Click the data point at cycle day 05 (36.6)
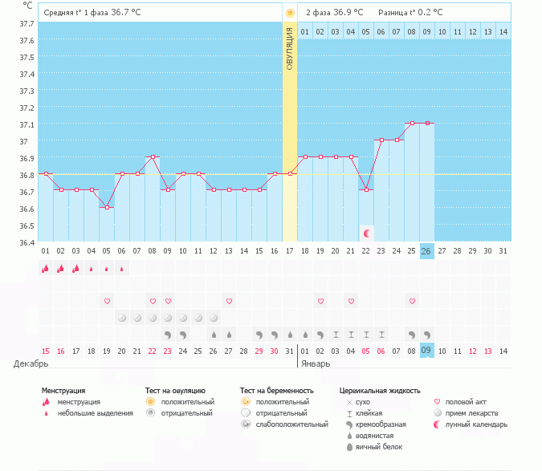click(107, 207)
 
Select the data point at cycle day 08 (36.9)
click(153, 156)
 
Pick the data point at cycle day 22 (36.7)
click(366, 189)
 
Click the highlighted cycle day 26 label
click(427, 251)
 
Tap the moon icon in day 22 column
click(367, 233)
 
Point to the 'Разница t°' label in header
click(402, 13)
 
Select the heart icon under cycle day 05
click(107, 301)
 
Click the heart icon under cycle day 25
click(412, 301)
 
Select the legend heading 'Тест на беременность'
click(276, 390)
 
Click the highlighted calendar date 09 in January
click(427, 350)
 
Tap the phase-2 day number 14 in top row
click(503, 31)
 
